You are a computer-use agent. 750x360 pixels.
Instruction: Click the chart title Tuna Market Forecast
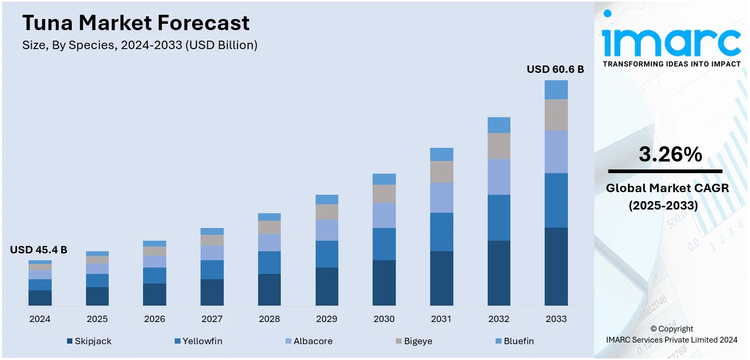click(x=136, y=23)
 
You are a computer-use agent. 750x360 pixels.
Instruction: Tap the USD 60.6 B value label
click(x=555, y=69)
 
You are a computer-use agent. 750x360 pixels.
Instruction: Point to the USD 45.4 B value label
click(x=39, y=250)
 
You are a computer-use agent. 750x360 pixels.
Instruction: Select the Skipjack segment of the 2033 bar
click(x=556, y=266)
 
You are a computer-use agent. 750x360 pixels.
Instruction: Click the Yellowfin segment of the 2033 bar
click(x=556, y=200)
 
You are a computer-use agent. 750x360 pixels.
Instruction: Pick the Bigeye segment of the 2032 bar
click(x=499, y=146)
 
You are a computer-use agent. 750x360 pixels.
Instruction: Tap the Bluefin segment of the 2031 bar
click(x=441, y=154)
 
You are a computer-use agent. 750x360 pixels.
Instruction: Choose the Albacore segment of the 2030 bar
click(x=384, y=215)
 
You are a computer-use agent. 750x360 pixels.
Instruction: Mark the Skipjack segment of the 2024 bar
click(x=40, y=298)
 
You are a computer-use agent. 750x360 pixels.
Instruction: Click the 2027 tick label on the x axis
click(x=212, y=319)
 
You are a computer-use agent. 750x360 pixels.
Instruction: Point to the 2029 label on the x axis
click(x=327, y=319)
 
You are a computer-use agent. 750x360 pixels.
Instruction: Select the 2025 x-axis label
click(x=97, y=319)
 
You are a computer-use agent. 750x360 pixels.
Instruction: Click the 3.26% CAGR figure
click(x=670, y=154)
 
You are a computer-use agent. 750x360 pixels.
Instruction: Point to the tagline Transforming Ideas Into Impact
click(x=671, y=64)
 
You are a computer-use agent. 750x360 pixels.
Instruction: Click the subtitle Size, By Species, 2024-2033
click(x=140, y=45)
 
